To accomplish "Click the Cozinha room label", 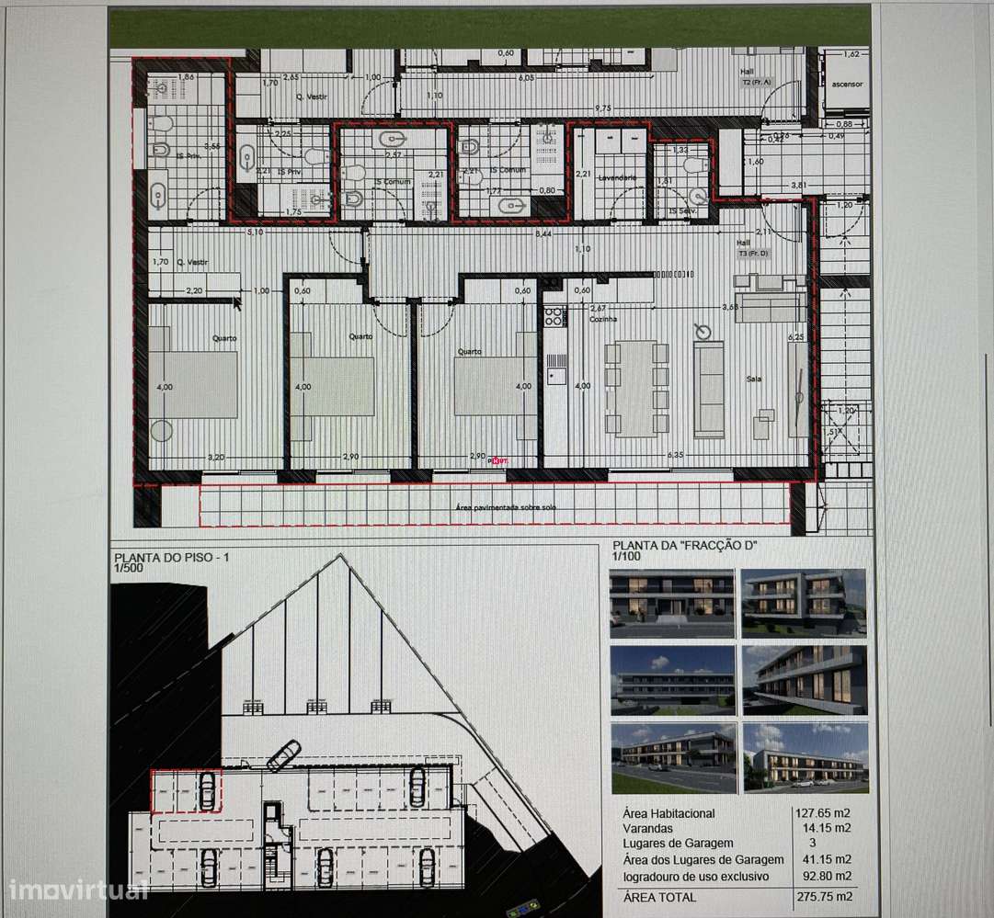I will tap(603, 318).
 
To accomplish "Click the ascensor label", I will tap(846, 85).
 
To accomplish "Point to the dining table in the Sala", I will tap(635, 387).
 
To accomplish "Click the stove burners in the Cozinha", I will tap(554, 317).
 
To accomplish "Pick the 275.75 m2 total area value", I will tap(825, 897).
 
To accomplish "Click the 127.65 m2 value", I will tap(825, 813).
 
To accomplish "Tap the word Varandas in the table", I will tap(648, 828).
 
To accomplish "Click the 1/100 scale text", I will tap(627, 557).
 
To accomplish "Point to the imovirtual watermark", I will tap(77, 890).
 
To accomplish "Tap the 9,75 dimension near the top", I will tap(602, 108).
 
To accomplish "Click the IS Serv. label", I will tap(682, 210).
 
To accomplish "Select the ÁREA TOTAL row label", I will tap(659, 897).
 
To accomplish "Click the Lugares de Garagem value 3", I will tap(812, 844).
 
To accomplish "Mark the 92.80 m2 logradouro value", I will tap(825, 875).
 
